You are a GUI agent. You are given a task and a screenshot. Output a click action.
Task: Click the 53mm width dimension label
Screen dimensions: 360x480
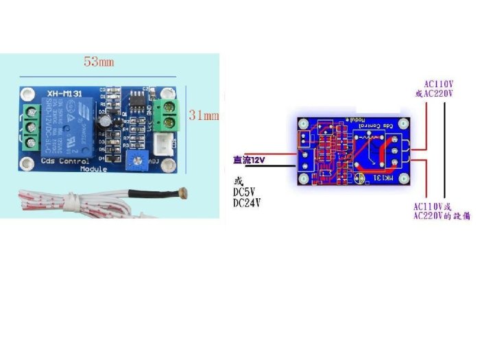point(99,62)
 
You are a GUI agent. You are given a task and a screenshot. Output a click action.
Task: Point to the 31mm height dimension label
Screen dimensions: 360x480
point(204,116)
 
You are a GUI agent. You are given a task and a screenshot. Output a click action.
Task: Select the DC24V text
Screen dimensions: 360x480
point(248,204)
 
